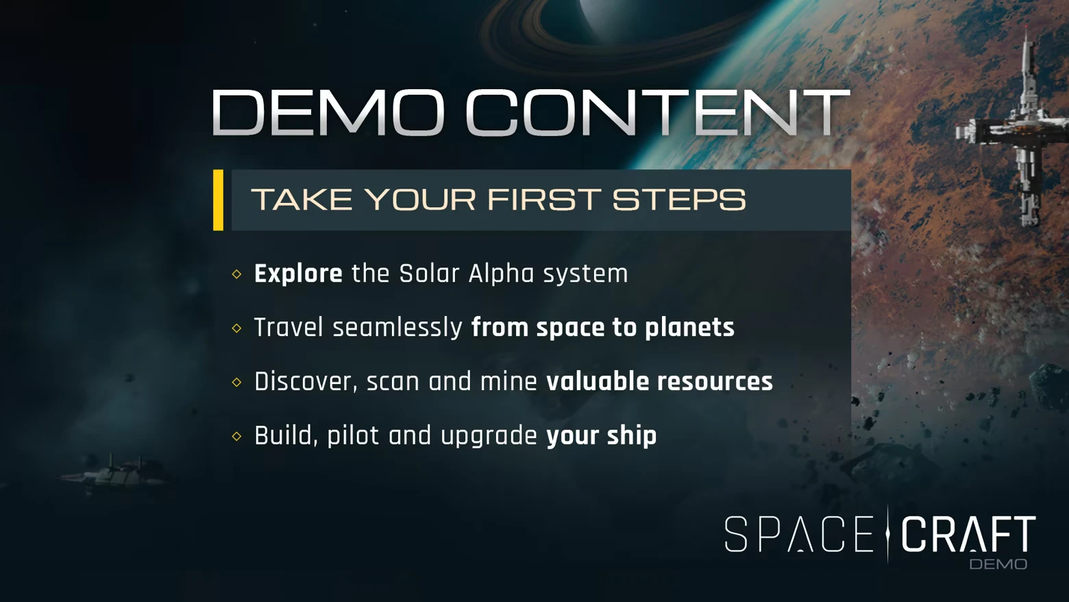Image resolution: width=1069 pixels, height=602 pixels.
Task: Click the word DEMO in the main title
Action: tap(328, 112)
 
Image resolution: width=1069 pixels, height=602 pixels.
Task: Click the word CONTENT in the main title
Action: tap(657, 112)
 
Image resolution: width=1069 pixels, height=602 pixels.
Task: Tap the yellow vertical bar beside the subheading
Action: tap(218, 200)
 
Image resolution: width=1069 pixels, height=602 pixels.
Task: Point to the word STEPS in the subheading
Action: tap(678, 200)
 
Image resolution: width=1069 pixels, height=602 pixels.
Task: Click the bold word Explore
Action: tap(298, 274)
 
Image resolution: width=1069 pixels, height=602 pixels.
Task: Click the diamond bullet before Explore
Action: tap(237, 274)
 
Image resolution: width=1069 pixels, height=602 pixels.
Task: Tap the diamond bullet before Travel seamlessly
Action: tap(237, 328)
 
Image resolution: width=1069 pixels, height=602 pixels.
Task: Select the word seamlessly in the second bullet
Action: tap(397, 328)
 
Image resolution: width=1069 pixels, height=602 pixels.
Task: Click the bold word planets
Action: tap(689, 328)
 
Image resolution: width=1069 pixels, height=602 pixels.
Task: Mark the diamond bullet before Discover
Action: tap(237, 382)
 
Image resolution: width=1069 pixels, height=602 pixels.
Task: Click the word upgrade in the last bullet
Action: tap(489, 436)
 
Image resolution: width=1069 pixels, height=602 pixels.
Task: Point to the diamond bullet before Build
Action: tap(237, 436)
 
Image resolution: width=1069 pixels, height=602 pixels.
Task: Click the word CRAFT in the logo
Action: tap(968, 535)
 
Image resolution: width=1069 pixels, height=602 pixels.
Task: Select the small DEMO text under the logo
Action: tap(998, 564)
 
